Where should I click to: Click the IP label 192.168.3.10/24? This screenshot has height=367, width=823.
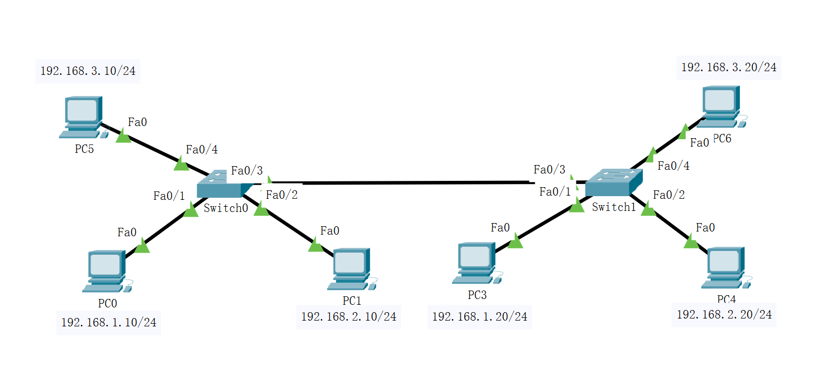coord(88,71)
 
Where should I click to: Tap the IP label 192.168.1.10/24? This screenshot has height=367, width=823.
coord(109,323)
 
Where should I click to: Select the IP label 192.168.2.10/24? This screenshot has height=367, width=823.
coord(348,317)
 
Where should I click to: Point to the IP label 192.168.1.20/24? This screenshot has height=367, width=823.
coord(479,317)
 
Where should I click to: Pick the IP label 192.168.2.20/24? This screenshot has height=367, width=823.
coord(724,315)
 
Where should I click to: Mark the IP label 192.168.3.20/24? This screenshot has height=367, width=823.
coord(729,67)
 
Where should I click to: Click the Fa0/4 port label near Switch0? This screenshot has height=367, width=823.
coord(202,150)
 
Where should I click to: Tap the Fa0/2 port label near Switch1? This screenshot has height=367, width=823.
coord(669,195)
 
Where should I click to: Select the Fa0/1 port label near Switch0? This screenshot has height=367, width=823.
coord(169,196)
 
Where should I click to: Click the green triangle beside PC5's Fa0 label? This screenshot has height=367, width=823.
coord(123,137)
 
